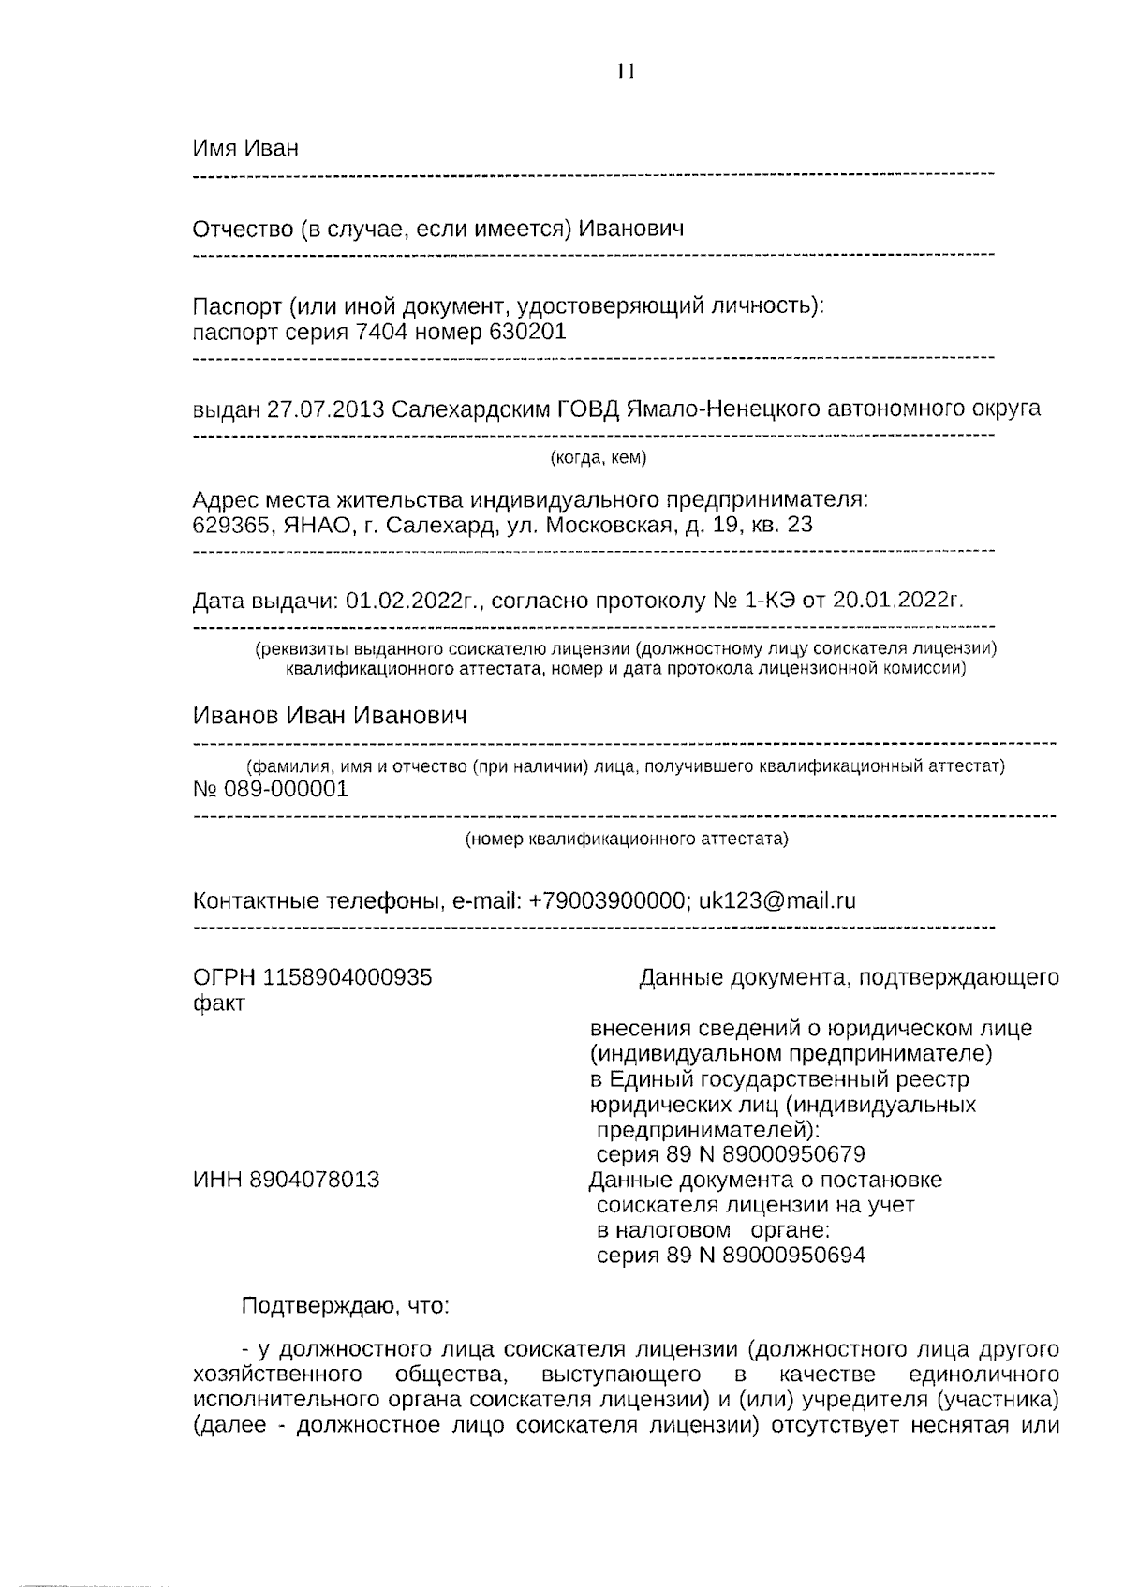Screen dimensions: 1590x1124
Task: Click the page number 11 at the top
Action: tap(627, 72)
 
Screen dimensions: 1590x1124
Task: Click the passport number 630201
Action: tap(527, 333)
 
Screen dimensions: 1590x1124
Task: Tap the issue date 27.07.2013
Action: tap(325, 409)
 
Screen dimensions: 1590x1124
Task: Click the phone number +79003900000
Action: tap(606, 901)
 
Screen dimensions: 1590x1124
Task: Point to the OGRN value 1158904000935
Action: tap(348, 978)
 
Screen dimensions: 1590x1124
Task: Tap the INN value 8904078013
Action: tap(315, 1180)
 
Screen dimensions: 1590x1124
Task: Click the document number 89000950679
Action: tap(794, 1154)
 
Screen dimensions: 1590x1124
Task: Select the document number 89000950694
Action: tap(794, 1256)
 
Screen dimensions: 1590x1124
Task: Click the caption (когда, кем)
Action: tap(598, 458)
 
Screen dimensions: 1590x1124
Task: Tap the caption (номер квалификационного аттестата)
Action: tap(627, 840)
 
